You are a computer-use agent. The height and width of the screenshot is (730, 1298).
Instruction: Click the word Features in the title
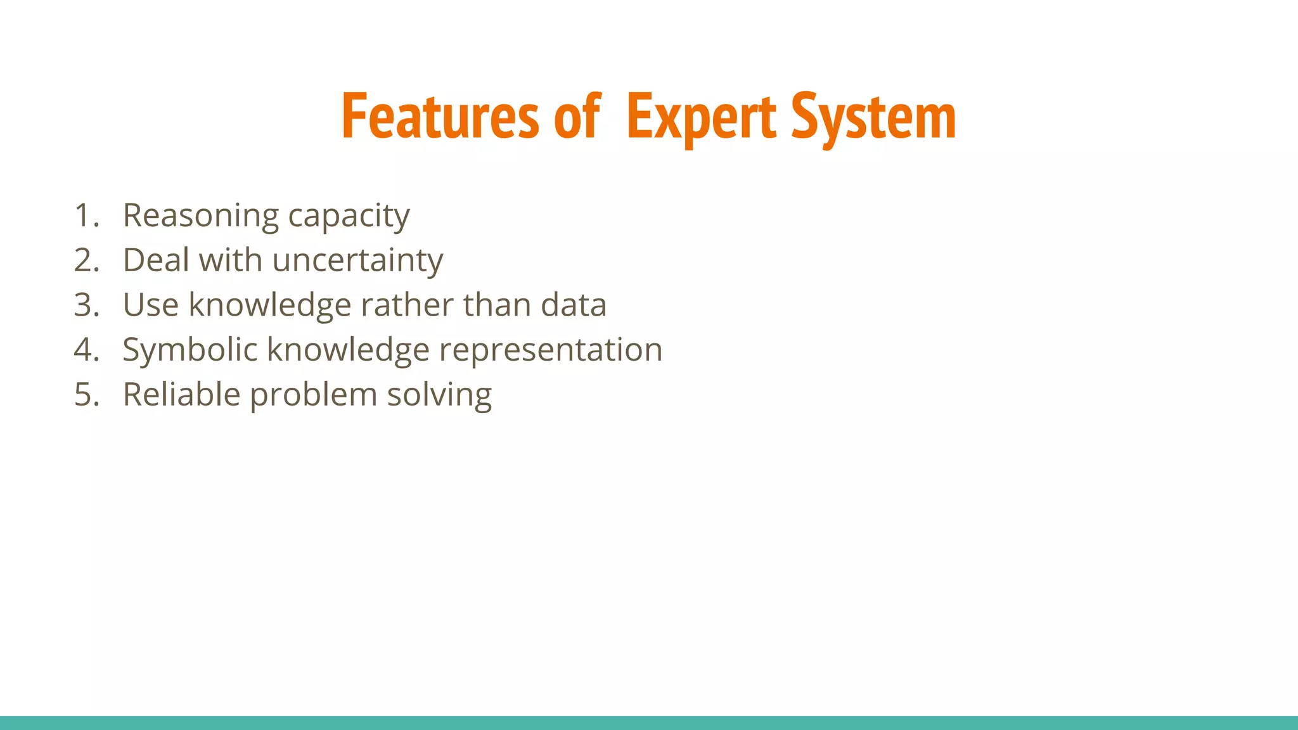[x=440, y=117]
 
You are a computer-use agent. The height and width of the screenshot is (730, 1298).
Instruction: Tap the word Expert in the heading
[x=701, y=117]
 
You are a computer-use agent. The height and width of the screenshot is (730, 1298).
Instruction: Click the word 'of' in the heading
[x=577, y=117]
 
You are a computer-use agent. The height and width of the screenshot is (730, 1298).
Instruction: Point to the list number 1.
[x=86, y=215]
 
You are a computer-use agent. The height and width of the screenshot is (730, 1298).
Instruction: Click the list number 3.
[x=86, y=305]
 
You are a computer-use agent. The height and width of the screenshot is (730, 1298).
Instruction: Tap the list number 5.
[x=86, y=395]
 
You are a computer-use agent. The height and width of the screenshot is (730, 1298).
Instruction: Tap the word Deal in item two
[x=156, y=260]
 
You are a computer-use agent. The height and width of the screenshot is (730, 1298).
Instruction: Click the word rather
[x=406, y=305]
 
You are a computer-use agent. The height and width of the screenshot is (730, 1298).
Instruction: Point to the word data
[x=573, y=305]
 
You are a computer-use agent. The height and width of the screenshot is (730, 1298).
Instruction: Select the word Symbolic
[x=189, y=350]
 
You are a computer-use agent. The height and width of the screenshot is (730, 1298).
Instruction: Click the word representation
[x=550, y=350]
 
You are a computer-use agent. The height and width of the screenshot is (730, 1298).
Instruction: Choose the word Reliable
[x=181, y=395]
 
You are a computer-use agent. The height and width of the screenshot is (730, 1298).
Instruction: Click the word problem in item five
[x=313, y=395]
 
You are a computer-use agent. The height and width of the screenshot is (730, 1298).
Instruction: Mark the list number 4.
[x=86, y=350]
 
